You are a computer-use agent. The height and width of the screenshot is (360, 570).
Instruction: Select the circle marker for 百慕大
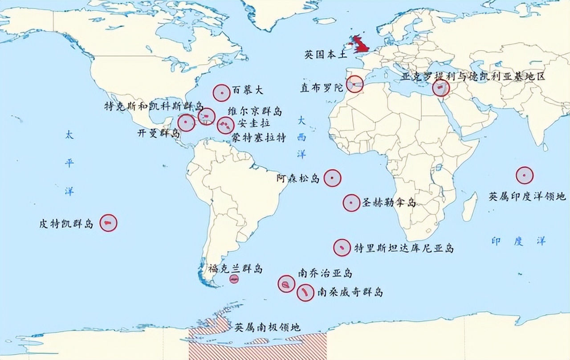click(221, 94)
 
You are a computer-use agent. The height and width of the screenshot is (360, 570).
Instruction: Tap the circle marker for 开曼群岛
click(186, 123)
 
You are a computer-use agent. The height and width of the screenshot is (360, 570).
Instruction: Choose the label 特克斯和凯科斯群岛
click(154, 107)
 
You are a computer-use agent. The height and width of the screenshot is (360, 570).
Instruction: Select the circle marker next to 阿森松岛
click(332, 178)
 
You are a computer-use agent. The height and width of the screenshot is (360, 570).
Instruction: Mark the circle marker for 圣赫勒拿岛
click(351, 203)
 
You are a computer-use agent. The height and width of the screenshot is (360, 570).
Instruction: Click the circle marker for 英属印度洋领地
click(525, 176)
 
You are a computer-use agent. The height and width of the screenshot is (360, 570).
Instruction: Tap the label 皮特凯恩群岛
click(66, 224)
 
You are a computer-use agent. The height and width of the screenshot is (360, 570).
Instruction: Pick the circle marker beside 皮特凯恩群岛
click(108, 223)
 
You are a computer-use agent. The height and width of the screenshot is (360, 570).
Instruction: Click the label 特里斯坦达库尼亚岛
click(404, 248)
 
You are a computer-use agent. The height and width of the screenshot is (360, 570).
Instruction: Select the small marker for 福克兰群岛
click(234, 279)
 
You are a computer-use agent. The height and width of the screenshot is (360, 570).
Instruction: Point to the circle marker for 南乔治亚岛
click(286, 284)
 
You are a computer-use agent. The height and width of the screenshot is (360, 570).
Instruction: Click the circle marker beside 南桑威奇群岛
click(305, 293)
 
